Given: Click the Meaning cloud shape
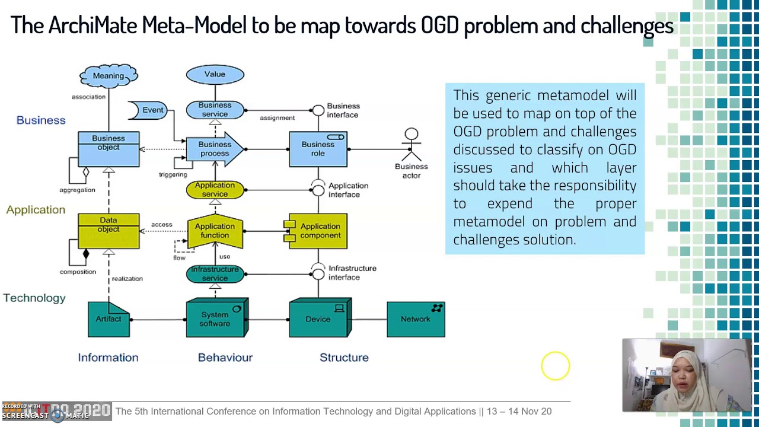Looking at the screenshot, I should (x=109, y=76).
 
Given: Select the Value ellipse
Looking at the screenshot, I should (x=215, y=75).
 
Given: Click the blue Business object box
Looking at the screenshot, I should (x=109, y=149).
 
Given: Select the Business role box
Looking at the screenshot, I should (x=318, y=149).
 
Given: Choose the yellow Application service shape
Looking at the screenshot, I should (x=215, y=190).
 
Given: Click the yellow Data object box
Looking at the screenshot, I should (x=109, y=231).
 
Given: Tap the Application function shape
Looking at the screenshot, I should (x=215, y=231).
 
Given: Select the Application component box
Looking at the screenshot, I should (x=317, y=231).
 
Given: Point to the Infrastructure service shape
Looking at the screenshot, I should (x=215, y=273).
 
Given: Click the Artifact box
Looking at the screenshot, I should (x=109, y=320).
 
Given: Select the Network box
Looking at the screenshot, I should (x=415, y=319).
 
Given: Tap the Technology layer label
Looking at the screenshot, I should (x=34, y=298).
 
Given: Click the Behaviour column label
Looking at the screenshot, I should (x=225, y=357).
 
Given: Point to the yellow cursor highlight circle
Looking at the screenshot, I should (x=555, y=365).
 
